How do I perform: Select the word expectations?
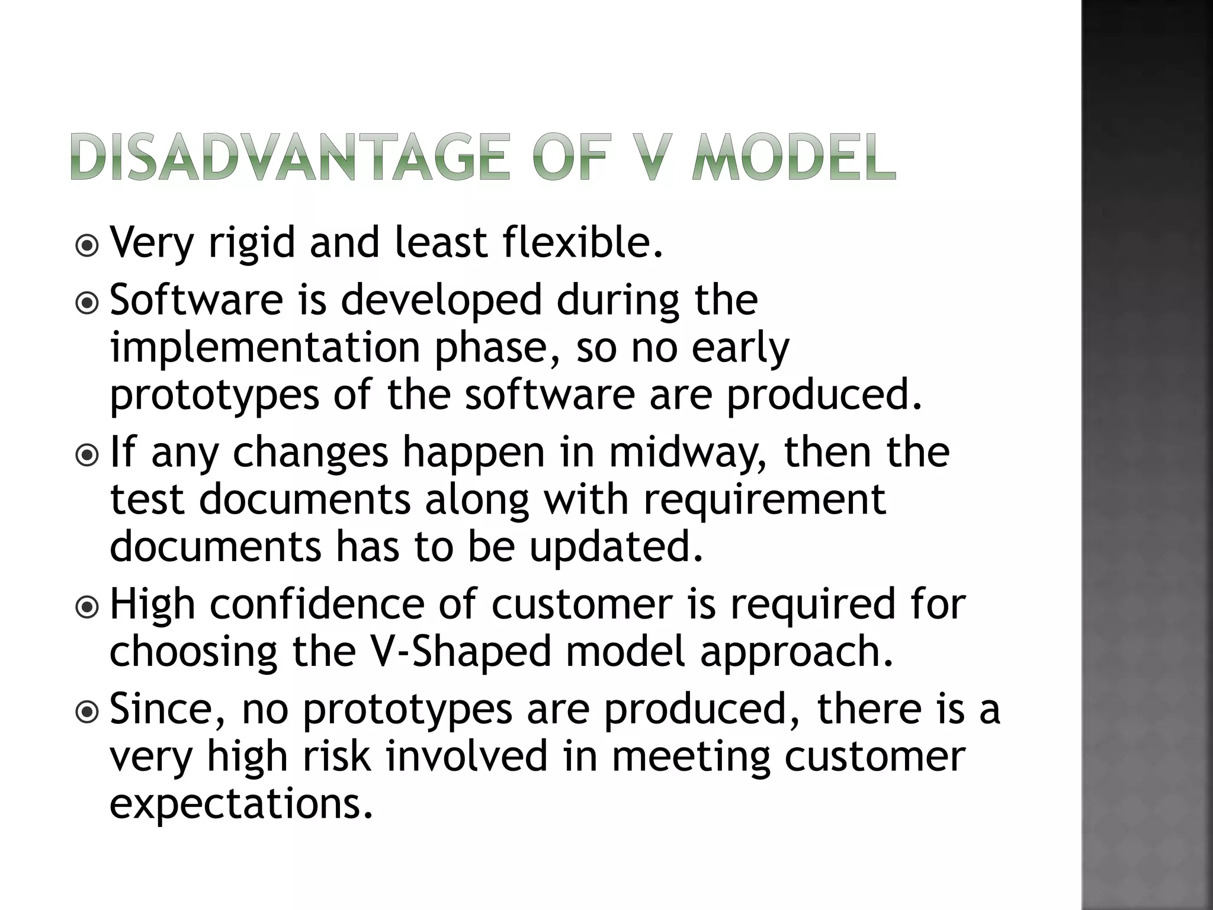coord(242,805)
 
